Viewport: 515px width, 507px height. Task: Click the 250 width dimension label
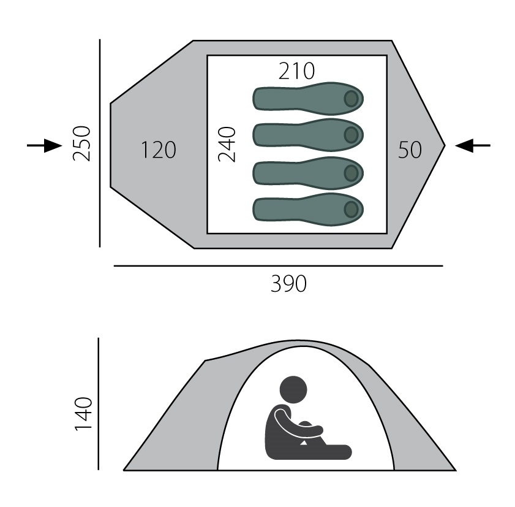pyautogui.click(x=81, y=143)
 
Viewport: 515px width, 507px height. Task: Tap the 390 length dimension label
pyautogui.click(x=288, y=284)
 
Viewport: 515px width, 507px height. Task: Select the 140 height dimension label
pyautogui.click(x=83, y=414)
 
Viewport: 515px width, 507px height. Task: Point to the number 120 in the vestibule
pyautogui.click(x=159, y=150)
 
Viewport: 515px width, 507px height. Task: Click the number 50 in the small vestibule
pyautogui.click(x=410, y=150)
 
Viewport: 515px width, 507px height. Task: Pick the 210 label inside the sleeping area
pyautogui.click(x=296, y=71)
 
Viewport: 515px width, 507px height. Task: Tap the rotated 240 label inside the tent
pyautogui.click(x=227, y=145)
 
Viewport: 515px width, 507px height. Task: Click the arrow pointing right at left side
pyautogui.click(x=44, y=145)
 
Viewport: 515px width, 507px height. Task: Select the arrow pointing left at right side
pyautogui.click(x=473, y=145)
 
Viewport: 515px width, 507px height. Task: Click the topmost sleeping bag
pyautogui.click(x=308, y=98)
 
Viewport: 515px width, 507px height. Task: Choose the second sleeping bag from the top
pyautogui.click(x=308, y=135)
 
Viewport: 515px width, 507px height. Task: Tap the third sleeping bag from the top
pyautogui.click(x=308, y=173)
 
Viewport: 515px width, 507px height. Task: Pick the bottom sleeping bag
pyautogui.click(x=308, y=210)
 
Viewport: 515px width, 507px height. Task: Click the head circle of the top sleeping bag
pyautogui.click(x=351, y=99)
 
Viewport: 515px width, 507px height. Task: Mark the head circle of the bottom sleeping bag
pyautogui.click(x=351, y=210)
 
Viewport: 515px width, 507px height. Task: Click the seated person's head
pyautogui.click(x=293, y=390)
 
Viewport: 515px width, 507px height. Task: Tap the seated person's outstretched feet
pyautogui.click(x=342, y=452)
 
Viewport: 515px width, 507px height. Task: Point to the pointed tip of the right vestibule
pyautogui.click(x=445, y=145)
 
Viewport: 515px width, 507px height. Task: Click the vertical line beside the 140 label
pyautogui.click(x=99, y=404)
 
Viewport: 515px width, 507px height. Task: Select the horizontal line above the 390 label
pyautogui.click(x=279, y=265)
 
